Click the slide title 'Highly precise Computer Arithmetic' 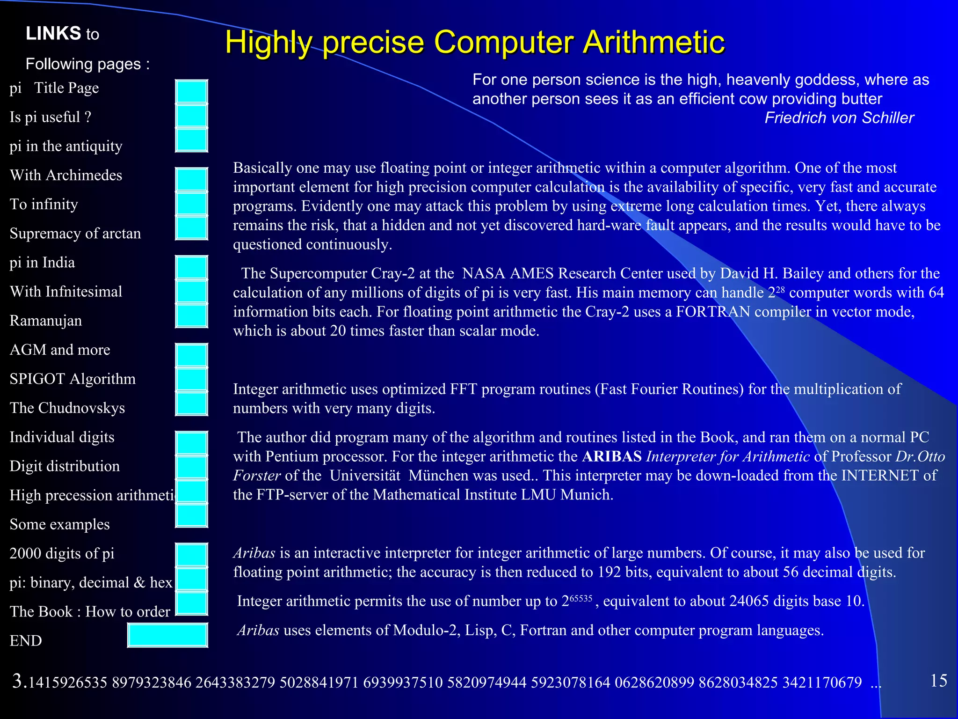click(474, 42)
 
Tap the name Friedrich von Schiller click(839, 118)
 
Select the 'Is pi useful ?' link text click(51, 117)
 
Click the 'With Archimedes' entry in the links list click(66, 175)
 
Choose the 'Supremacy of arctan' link click(75, 233)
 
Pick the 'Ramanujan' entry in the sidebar click(46, 321)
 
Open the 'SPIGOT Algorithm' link click(73, 379)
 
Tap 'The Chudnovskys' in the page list click(67, 408)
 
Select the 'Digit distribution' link click(65, 466)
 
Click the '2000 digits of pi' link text click(62, 553)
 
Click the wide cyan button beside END click(167, 635)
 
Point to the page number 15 click(938, 681)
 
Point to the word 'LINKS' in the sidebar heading click(53, 34)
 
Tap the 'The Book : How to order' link click(90, 611)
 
